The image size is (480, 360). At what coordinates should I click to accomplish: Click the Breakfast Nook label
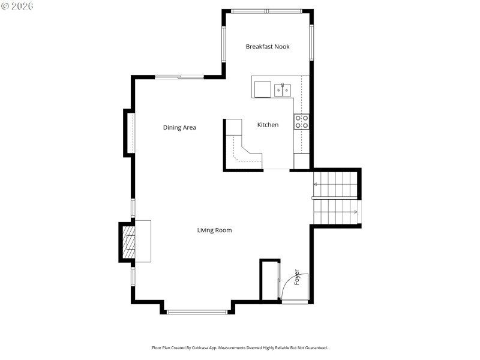pyautogui.click(x=268, y=47)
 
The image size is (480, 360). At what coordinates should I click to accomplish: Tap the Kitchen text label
pyautogui.click(x=268, y=125)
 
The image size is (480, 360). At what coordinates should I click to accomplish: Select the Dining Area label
pyautogui.click(x=179, y=127)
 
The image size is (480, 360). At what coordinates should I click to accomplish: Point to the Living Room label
pyautogui.click(x=214, y=230)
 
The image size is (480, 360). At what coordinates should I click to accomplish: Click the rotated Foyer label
pyautogui.click(x=296, y=277)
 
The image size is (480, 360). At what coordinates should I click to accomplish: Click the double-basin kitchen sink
pyautogui.click(x=283, y=90)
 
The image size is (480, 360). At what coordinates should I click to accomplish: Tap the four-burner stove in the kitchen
pyautogui.click(x=301, y=122)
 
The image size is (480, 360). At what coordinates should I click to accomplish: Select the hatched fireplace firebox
pyautogui.click(x=128, y=241)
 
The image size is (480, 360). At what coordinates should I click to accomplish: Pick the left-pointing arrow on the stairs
pyautogui.click(x=316, y=184)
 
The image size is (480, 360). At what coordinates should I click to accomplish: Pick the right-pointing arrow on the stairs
pyautogui.click(x=355, y=211)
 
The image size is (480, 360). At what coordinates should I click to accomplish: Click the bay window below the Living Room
pyautogui.click(x=197, y=311)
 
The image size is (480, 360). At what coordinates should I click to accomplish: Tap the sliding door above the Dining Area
pyautogui.click(x=179, y=77)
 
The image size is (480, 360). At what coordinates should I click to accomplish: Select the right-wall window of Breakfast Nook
pyautogui.click(x=311, y=42)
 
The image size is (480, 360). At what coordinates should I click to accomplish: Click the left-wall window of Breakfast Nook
pyautogui.click(x=224, y=44)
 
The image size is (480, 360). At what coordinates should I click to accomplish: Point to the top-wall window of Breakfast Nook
pyautogui.click(x=267, y=11)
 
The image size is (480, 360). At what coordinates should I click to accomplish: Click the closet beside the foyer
pyautogui.click(x=269, y=280)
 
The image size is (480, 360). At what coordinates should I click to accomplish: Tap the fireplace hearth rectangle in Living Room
pyautogui.click(x=142, y=241)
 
